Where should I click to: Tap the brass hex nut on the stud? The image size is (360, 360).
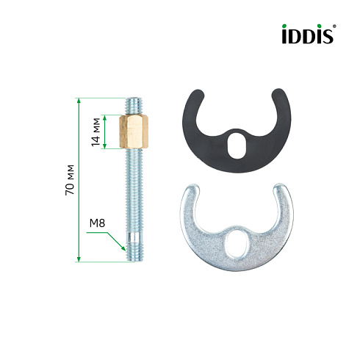(x=134, y=132)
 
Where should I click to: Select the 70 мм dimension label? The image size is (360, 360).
(x=70, y=180)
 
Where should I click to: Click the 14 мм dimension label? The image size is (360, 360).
(x=96, y=132)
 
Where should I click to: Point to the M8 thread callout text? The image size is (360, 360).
(x=97, y=223)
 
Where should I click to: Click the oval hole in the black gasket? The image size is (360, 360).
(x=237, y=145)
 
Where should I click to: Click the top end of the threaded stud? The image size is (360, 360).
(x=134, y=98)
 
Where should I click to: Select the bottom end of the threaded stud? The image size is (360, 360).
(x=134, y=261)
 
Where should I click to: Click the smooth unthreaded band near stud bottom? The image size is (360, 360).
(x=134, y=237)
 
